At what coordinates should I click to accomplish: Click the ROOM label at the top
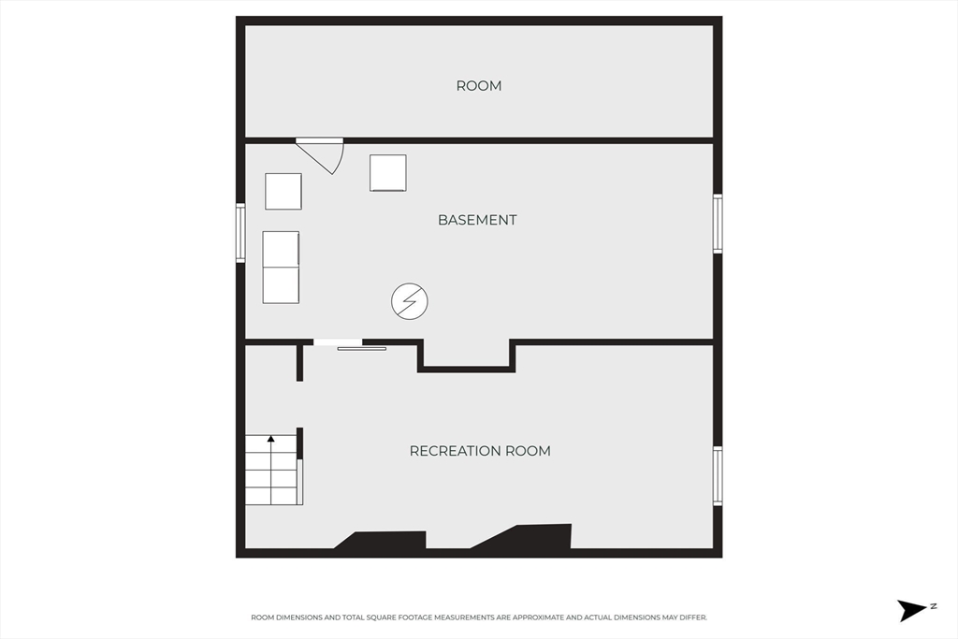coord(479,86)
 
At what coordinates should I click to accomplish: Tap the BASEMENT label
coord(477,220)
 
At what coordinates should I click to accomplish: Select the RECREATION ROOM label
coord(480,451)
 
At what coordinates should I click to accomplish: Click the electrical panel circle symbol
coord(410,301)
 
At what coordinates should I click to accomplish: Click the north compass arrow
coord(912,610)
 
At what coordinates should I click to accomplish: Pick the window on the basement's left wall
coord(240,233)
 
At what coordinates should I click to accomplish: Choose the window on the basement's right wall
coord(718,223)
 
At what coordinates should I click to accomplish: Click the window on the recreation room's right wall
coord(718,476)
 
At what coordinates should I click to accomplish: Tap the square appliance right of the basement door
coord(388,173)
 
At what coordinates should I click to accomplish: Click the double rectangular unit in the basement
coord(281,267)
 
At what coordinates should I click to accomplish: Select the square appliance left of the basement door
coord(283,191)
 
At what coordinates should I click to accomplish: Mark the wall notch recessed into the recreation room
coord(467,356)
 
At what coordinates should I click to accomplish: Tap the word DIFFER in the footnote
coord(692,617)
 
